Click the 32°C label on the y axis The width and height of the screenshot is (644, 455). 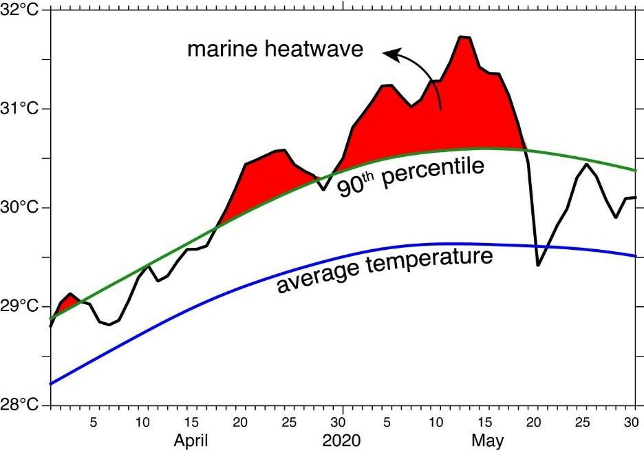point(22,10)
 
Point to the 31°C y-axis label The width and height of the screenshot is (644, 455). point(22,109)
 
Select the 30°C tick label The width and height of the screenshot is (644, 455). point(22,207)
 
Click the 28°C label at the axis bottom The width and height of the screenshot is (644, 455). point(22,404)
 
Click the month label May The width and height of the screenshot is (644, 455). point(488,441)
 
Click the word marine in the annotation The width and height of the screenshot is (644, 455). point(222,50)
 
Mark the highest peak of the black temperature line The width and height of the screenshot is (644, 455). point(464,37)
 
